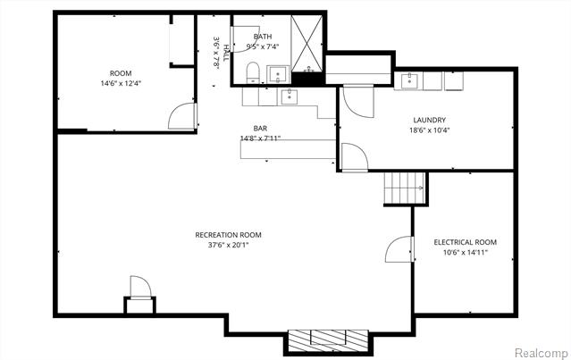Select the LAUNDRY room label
[429, 120]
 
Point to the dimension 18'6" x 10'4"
[429, 130]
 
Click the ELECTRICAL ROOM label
[465, 242]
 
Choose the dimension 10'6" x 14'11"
[465, 253]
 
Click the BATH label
[263, 37]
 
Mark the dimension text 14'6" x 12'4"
[120, 83]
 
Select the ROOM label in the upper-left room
[120, 73]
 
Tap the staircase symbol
[403, 188]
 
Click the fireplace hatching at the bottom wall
[326, 339]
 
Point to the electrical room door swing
[399, 250]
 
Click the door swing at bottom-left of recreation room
[139, 288]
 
